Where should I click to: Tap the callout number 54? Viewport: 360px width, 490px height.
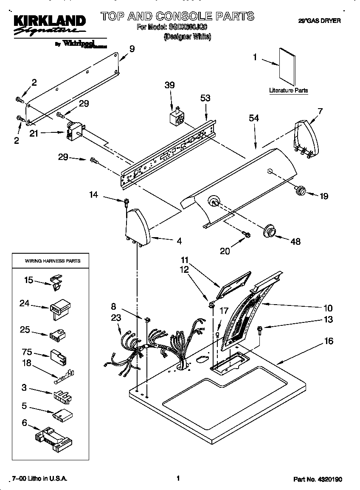[254, 119]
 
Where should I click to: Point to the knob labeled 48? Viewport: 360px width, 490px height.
[269, 230]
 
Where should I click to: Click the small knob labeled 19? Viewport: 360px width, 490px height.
[301, 190]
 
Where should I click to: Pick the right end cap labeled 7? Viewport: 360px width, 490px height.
[306, 138]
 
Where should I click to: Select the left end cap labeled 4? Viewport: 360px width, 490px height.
[137, 227]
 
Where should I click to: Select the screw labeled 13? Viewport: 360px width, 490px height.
[260, 328]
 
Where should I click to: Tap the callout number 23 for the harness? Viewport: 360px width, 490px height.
[116, 317]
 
